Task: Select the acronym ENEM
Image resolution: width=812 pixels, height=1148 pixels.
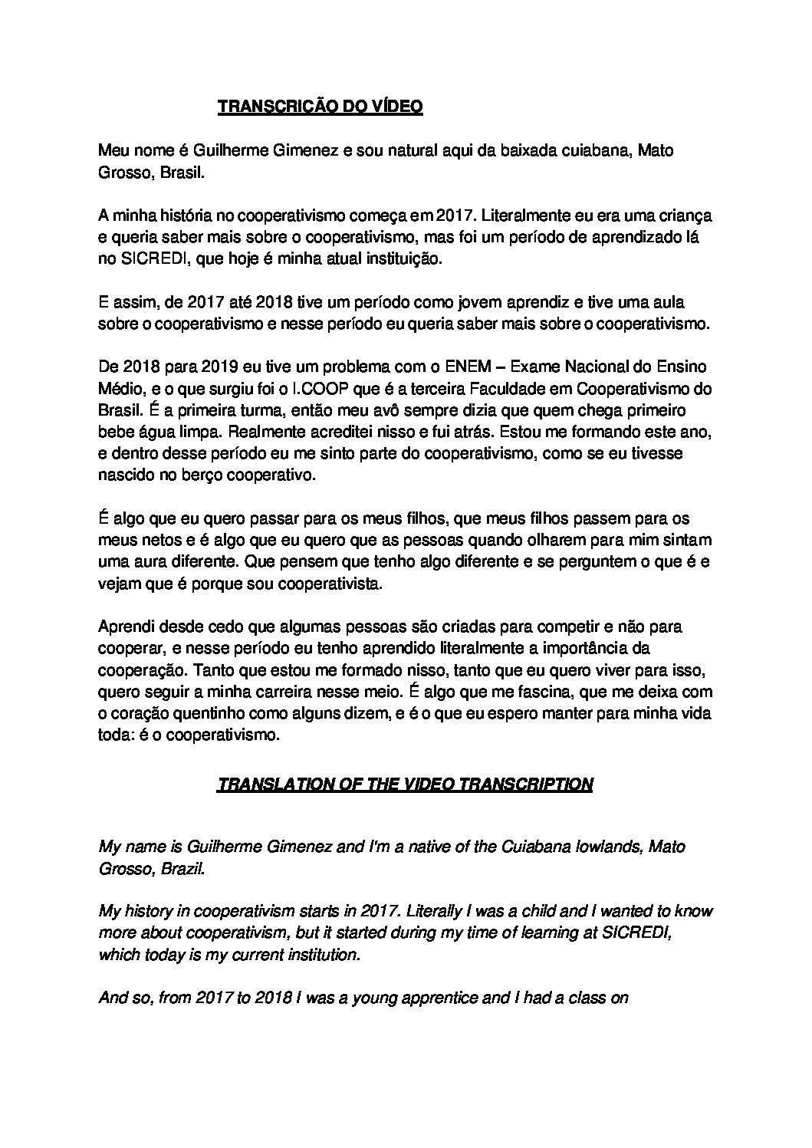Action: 466,367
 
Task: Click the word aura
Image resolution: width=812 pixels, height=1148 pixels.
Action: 146,561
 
